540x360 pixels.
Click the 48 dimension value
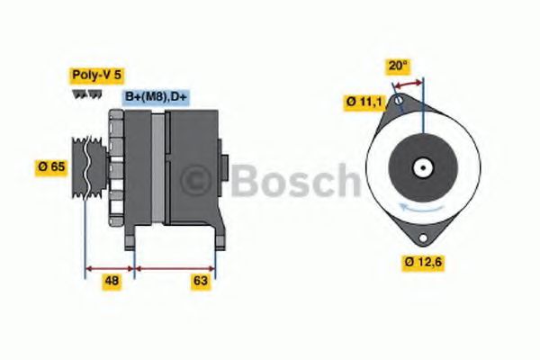pos(112,281)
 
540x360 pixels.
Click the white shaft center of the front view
pos(421,166)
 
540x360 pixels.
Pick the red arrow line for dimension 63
pos(175,267)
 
